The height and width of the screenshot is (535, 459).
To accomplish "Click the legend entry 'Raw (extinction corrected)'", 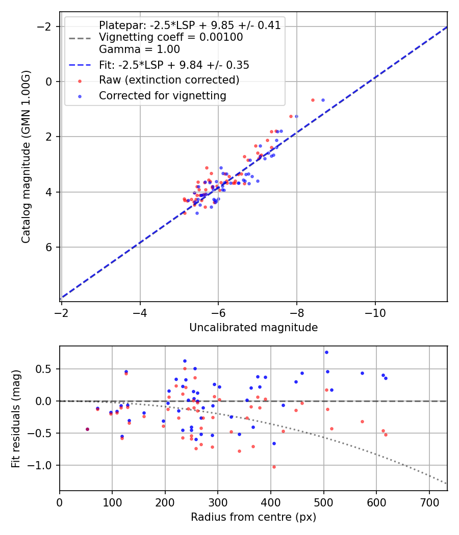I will click(169, 80).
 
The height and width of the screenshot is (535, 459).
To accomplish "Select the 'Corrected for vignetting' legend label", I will click(163, 95).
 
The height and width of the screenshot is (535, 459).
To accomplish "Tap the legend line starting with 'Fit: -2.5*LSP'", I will click(174, 65).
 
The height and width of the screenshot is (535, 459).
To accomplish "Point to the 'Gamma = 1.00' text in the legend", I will click(139, 49).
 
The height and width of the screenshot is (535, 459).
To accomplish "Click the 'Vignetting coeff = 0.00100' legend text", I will click(171, 37).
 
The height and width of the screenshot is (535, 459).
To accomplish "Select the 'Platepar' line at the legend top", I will click(190, 25).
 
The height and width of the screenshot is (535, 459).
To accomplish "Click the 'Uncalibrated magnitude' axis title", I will click(253, 328).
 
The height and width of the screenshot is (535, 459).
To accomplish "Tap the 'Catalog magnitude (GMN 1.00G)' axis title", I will click(26, 157).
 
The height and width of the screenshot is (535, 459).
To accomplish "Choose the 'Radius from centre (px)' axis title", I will click(253, 517).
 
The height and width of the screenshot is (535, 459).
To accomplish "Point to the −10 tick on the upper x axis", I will click(375, 311).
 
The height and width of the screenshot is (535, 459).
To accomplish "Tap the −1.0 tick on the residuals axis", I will click(44, 465).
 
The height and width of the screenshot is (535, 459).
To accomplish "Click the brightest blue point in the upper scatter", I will click(323, 100).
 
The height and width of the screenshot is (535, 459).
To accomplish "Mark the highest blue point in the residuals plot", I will click(326, 352).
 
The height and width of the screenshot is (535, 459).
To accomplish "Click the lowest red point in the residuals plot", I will click(274, 467).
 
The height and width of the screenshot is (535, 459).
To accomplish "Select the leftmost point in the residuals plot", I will click(87, 429).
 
